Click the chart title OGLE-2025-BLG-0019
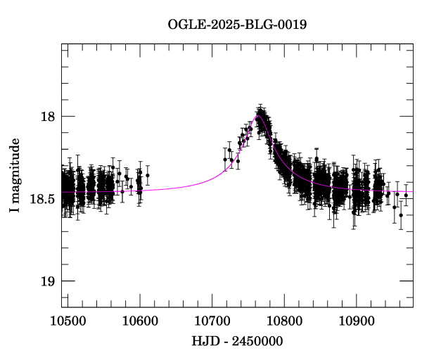point(237,25)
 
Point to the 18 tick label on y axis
point(48,116)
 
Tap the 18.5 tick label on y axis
point(42,199)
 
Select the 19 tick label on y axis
point(48,281)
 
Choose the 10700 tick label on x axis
point(212,321)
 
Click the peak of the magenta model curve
point(258,117)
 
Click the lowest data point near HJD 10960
point(401,215)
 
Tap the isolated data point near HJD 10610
point(148,175)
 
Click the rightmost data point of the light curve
point(406,195)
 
